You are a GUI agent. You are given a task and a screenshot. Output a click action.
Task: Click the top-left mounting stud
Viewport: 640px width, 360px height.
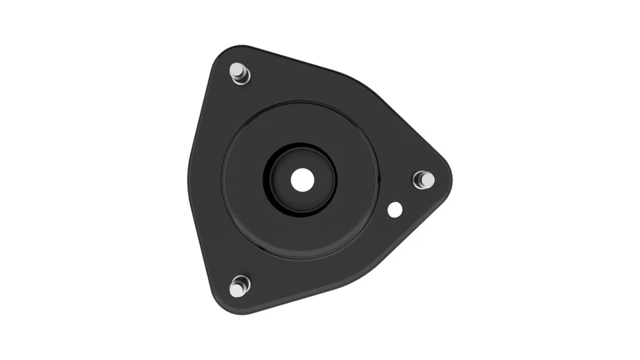pyautogui.click(x=237, y=69)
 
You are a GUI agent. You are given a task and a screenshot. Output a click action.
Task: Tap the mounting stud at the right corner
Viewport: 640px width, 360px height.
pyautogui.click(x=424, y=179)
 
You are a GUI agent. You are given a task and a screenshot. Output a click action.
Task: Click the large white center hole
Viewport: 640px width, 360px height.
pyautogui.click(x=302, y=179)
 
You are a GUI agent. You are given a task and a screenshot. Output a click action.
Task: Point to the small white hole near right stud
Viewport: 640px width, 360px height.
pyautogui.click(x=395, y=209)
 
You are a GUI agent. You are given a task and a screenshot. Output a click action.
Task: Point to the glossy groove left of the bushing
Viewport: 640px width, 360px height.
pyautogui.click(x=268, y=180)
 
